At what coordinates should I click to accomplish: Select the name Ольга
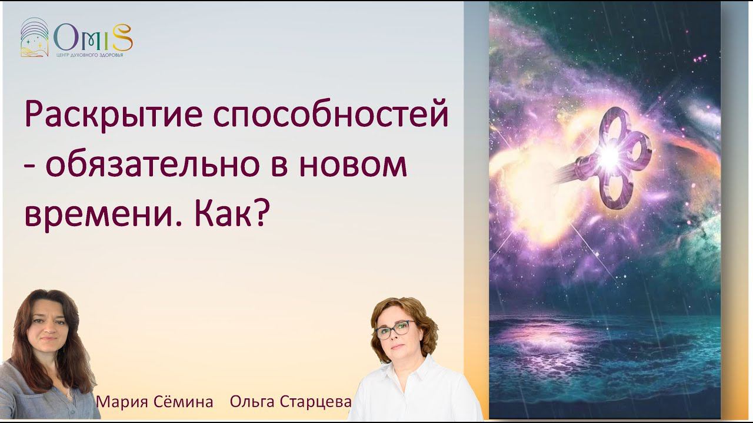pyautogui.click(x=251, y=402)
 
